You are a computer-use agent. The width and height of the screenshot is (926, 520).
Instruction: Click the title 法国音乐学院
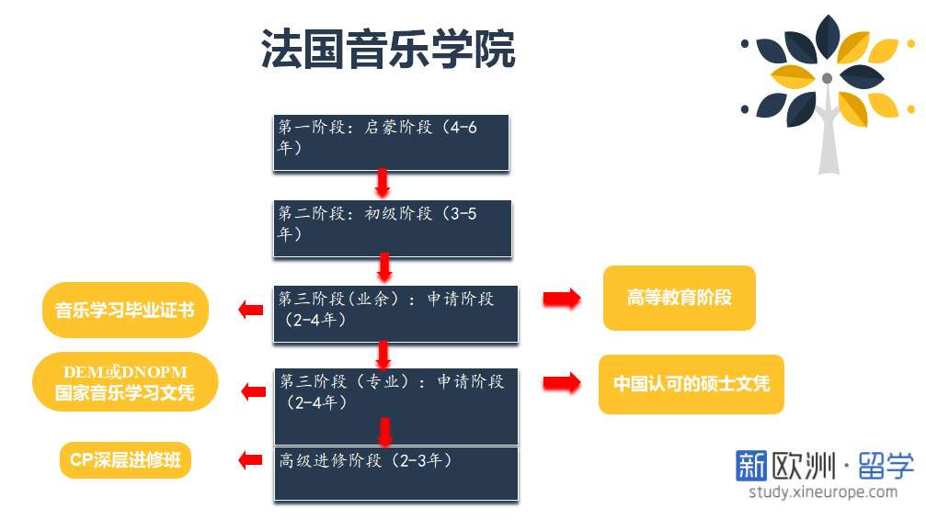pyautogui.click(x=388, y=50)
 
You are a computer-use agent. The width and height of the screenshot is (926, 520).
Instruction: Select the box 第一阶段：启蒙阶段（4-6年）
pyautogui.click(x=391, y=142)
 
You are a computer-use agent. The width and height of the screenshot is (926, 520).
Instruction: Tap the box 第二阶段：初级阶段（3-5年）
pyautogui.click(x=392, y=228)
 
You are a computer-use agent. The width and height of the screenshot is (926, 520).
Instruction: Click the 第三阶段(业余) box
pyautogui.click(x=395, y=313)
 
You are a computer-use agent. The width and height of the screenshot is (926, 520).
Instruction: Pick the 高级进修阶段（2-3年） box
pyautogui.click(x=395, y=473)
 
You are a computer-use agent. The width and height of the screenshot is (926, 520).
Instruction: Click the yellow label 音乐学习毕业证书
pyautogui.click(x=125, y=310)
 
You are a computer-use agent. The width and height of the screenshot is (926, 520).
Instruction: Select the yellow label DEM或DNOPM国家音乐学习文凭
pyautogui.click(x=125, y=383)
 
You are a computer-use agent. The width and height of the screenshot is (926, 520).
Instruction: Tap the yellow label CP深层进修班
pyautogui.click(x=125, y=460)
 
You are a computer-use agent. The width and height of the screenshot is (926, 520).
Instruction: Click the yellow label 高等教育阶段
pyautogui.click(x=679, y=298)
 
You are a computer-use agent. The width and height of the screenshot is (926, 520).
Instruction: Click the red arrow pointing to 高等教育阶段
pyautogui.click(x=561, y=299)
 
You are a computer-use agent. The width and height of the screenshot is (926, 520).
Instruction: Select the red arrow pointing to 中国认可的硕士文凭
pyautogui.click(x=562, y=383)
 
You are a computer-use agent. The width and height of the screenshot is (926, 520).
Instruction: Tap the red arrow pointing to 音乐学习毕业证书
pyautogui.click(x=250, y=310)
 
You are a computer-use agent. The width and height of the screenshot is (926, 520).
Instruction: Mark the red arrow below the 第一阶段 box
pyautogui.click(x=383, y=183)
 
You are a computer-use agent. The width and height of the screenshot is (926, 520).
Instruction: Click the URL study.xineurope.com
pyautogui.click(x=822, y=492)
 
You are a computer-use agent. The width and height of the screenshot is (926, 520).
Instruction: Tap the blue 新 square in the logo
pyautogui.click(x=751, y=466)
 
